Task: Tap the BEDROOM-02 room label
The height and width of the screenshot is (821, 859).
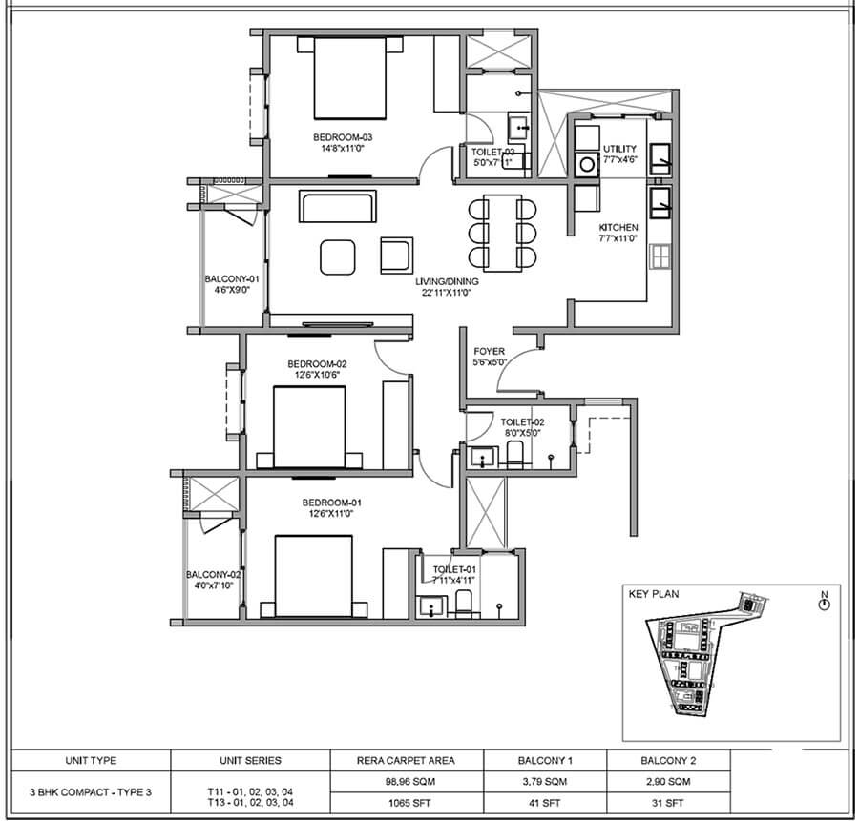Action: [317, 364]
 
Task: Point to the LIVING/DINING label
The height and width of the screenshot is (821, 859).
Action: [447, 282]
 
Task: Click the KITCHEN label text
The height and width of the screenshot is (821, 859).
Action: [618, 228]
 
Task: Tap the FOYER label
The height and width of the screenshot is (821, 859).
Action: [489, 351]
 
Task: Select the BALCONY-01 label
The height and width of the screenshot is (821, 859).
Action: [232, 279]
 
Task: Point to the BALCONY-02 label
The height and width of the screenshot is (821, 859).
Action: [213, 575]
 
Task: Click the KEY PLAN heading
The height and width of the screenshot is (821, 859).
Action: [654, 593]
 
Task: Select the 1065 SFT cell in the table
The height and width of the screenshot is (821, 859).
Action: [405, 802]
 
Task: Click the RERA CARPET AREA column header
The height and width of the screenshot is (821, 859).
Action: [405, 760]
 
